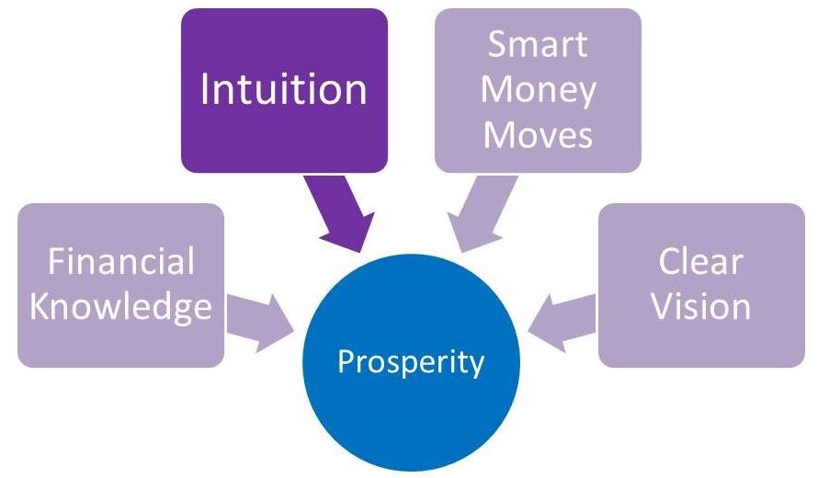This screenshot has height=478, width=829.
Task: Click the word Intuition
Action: [283, 89]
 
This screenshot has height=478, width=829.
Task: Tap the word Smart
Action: [538, 44]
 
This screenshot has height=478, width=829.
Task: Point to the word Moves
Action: [538, 134]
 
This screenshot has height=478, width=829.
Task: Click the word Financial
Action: [121, 261]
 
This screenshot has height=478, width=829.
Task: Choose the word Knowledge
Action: [120, 308]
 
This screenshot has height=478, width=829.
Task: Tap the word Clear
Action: [700, 261]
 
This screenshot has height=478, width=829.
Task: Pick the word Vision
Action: [700, 306]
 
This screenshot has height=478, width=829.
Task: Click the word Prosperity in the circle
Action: [411, 363]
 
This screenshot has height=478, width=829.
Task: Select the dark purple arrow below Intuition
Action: [341, 212]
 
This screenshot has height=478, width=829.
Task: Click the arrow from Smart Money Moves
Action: [480, 212]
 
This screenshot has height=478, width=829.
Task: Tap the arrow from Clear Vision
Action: [562, 323]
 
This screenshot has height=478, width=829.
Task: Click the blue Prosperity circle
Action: [412, 363]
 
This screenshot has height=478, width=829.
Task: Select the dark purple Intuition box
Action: [284, 90]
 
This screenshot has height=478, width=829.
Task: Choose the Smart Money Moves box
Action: [539, 90]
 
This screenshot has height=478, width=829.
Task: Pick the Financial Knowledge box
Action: [121, 286]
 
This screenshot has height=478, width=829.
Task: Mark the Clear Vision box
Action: [701, 286]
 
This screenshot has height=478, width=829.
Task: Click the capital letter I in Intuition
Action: [204, 89]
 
